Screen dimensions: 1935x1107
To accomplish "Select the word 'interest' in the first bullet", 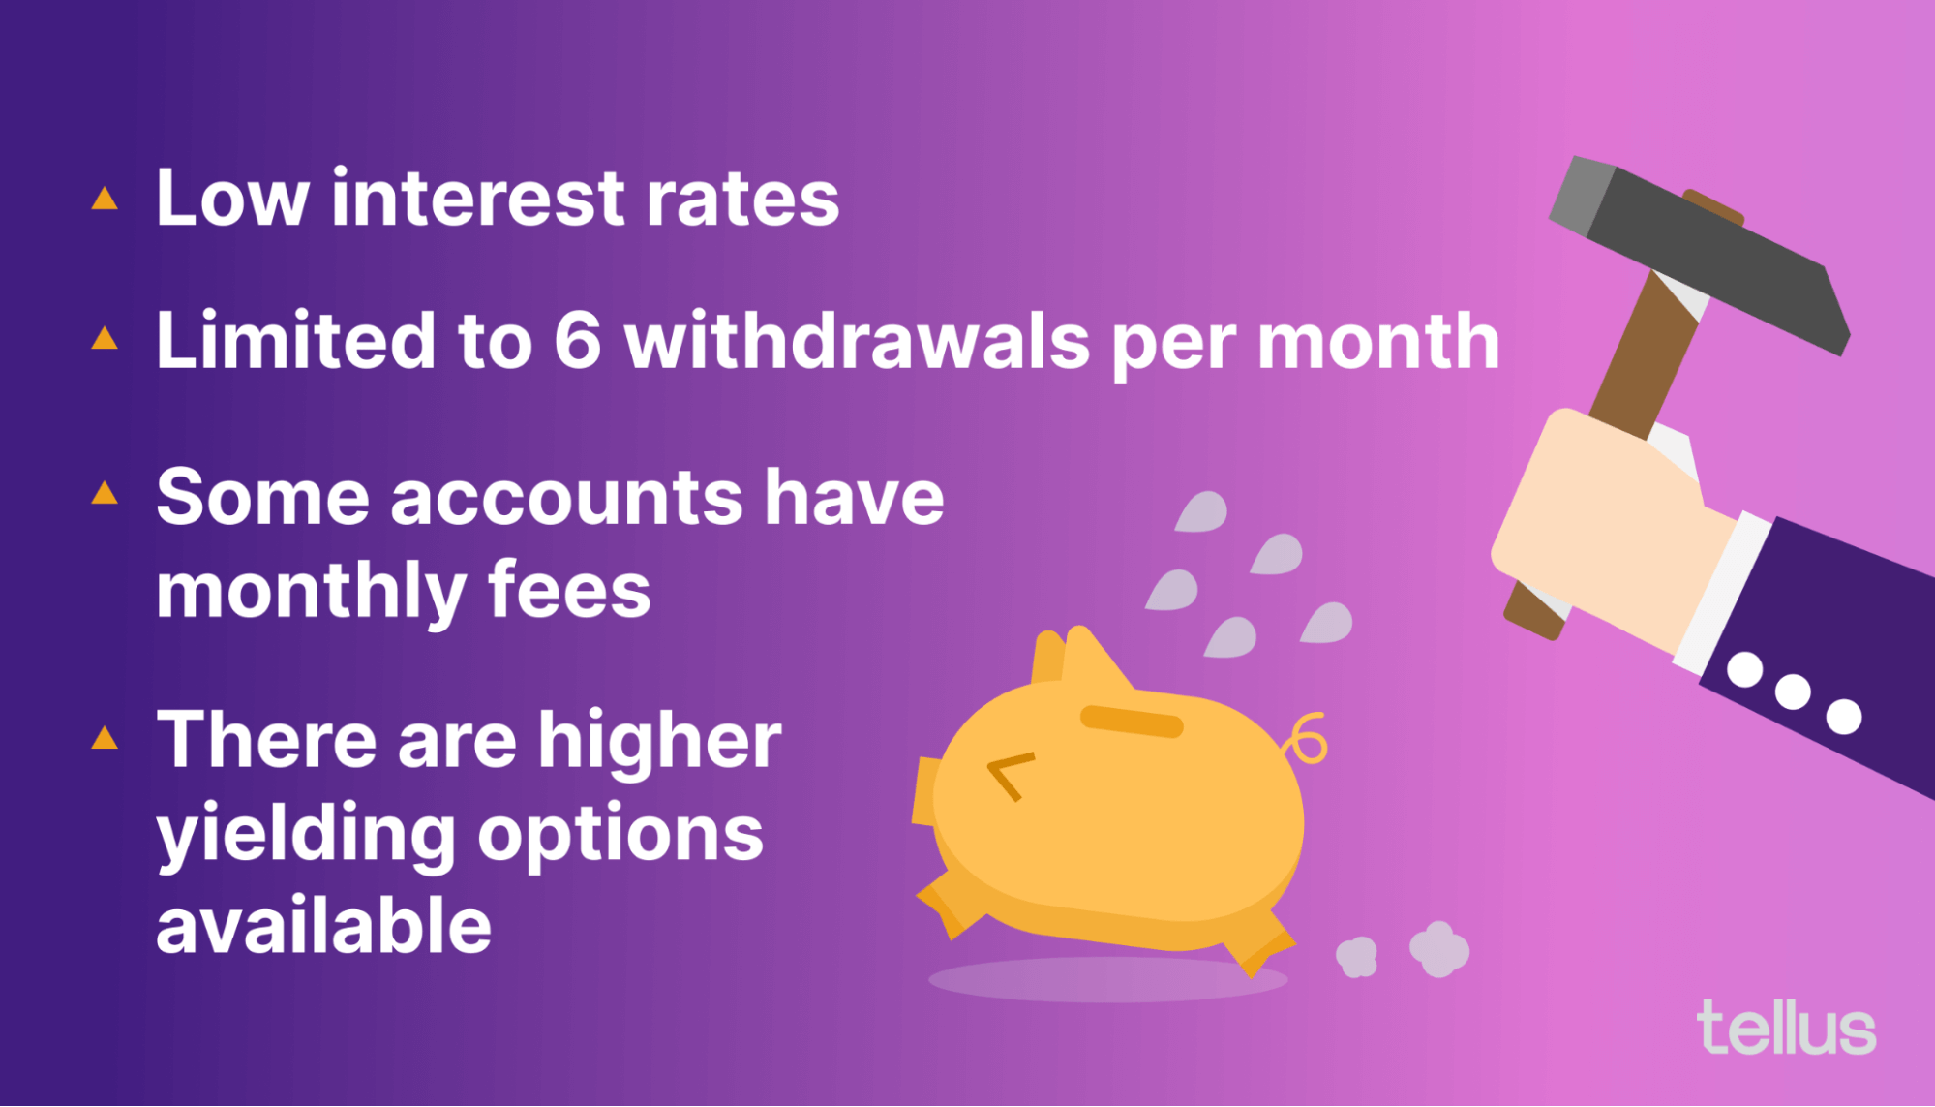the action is click(x=476, y=199).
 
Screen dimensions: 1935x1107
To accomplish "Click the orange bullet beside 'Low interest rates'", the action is click(x=105, y=199).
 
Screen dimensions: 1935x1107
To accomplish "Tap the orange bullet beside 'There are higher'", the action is click(x=105, y=738).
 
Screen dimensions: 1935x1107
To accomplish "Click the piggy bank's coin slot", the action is click(x=1132, y=722).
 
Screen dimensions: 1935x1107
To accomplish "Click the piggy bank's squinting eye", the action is click(x=1010, y=776).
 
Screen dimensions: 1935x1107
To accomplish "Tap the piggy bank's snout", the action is click(x=926, y=791).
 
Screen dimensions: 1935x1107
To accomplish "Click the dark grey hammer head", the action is click(x=1700, y=254).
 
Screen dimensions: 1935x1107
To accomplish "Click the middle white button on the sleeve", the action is click(x=1793, y=692).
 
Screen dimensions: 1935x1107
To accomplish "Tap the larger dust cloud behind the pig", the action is click(x=1439, y=949).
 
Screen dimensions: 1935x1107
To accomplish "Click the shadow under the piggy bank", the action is click(x=1107, y=979).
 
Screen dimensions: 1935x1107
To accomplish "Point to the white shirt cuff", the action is click(x=1723, y=593).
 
